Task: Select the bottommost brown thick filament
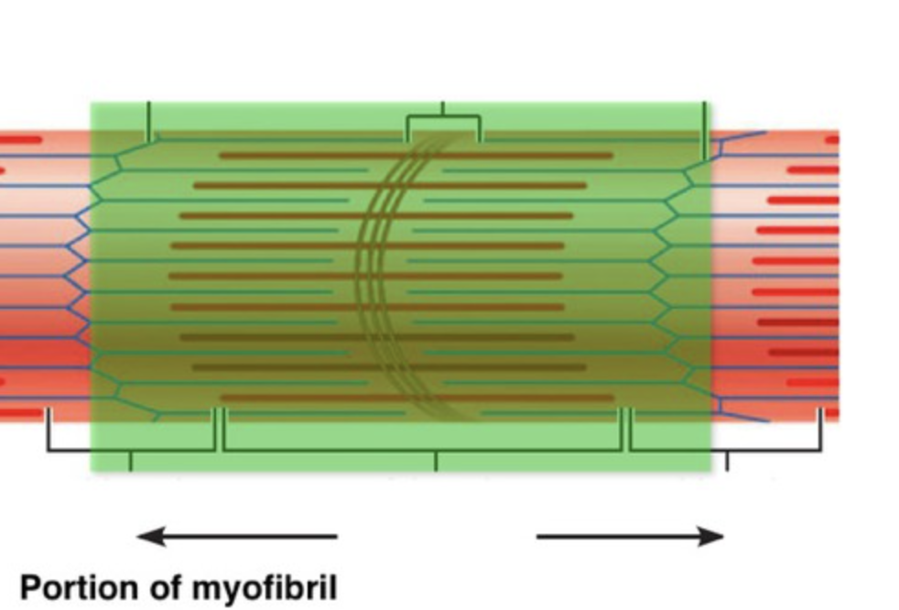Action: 417,398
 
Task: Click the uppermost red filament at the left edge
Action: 20,140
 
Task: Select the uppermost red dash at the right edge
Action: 831,140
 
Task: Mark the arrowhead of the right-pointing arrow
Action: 711,537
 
